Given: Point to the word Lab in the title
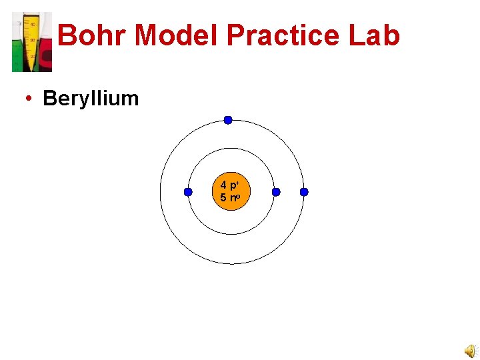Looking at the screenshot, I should click(x=376, y=35).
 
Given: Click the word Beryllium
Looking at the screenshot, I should click(x=91, y=99).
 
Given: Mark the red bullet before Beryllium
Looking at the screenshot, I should click(x=29, y=99).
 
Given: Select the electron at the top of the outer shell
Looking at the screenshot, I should click(x=228, y=120).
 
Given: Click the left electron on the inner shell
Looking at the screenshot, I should click(x=188, y=192).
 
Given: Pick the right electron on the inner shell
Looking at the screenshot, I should click(x=276, y=192).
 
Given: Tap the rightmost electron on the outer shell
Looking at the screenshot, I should click(x=304, y=192).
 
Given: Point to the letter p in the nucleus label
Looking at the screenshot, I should click(x=232, y=185).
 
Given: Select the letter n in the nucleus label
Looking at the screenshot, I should click(x=232, y=198).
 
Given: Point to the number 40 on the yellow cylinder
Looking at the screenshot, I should click(x=32, y=24).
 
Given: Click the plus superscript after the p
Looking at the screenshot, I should click(x=237, y=182).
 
